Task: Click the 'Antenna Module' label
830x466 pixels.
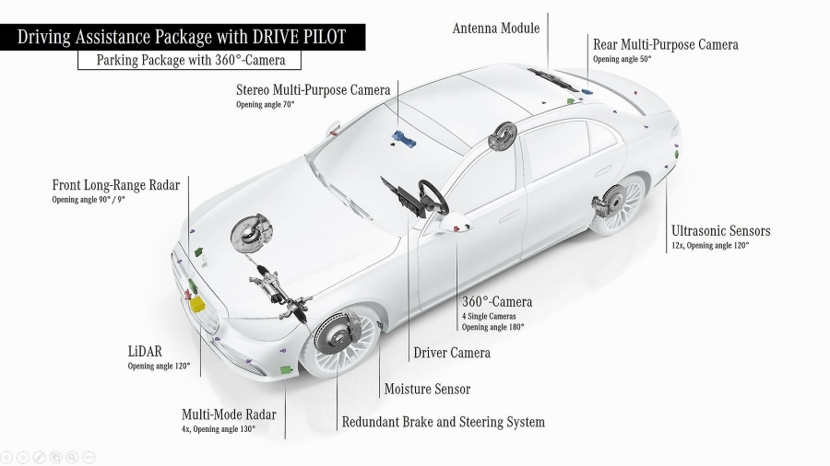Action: click(x=495, y=28)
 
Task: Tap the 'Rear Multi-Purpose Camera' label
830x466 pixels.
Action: click(x=665, y=44)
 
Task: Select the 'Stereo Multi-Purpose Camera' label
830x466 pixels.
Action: click(x=313, y=89)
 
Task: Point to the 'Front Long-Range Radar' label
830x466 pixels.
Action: click(x=115, y=185)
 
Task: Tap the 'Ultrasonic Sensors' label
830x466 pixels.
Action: click(x=720, y=231)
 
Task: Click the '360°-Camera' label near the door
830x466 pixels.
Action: click(x=496, y=302)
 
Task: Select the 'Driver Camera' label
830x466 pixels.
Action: click(x=451, y=353)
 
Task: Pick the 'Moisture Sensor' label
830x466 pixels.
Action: click(x=427, y=390)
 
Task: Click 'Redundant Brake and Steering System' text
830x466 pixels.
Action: click(x=443, y=423)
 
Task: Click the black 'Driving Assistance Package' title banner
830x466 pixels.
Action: click(x=183, y=38)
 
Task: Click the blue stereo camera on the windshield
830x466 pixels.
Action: click(x=404, y=138)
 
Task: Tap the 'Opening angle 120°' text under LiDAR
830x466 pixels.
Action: click(x=159, y=367)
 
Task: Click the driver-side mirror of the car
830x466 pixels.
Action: click(x=454, y=224)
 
